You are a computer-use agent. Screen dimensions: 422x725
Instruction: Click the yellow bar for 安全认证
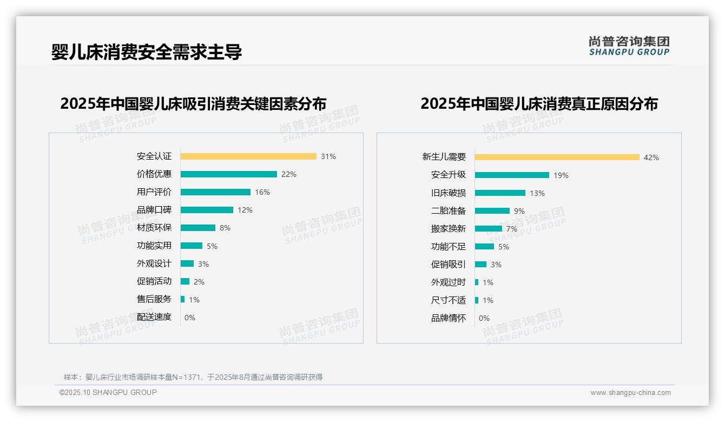pos(248,156)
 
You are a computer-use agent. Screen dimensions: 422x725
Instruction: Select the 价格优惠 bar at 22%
pos(228,174)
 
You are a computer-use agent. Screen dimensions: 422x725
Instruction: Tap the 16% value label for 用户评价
pos(262,192)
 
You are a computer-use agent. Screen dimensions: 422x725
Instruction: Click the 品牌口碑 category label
pos(154,210)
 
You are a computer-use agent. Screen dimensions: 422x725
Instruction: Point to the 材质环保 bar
pos(197,228)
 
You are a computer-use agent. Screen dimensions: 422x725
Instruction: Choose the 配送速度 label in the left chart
pos(154,317)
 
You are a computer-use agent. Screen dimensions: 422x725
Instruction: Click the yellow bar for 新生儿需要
pos(557,157)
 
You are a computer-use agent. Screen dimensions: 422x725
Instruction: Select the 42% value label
pos(651,157)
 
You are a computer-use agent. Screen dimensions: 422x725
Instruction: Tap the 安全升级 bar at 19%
pos(512,175)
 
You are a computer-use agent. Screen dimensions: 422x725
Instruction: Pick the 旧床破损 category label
pos(448,193)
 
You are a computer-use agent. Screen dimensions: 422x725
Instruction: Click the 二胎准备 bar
pos(492,211)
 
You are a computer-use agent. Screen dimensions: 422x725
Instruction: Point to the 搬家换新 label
pos(448,229)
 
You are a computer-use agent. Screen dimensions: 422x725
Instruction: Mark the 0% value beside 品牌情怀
pos(484,318)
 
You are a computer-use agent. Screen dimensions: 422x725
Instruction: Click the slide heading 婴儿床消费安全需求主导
pos(146,52)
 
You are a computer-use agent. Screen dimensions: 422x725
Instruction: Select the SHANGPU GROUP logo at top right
pos(629,46)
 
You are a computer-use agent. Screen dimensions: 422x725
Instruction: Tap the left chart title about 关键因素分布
pos(193,103)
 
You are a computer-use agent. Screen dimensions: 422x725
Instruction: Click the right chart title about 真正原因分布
pos(539,103)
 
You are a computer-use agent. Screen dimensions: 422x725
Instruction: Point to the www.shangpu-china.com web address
pos(630,393)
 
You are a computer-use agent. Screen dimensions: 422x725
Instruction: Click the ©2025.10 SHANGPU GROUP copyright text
pos(108,392)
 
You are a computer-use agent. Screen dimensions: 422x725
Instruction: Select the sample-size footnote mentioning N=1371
pos(193,377)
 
